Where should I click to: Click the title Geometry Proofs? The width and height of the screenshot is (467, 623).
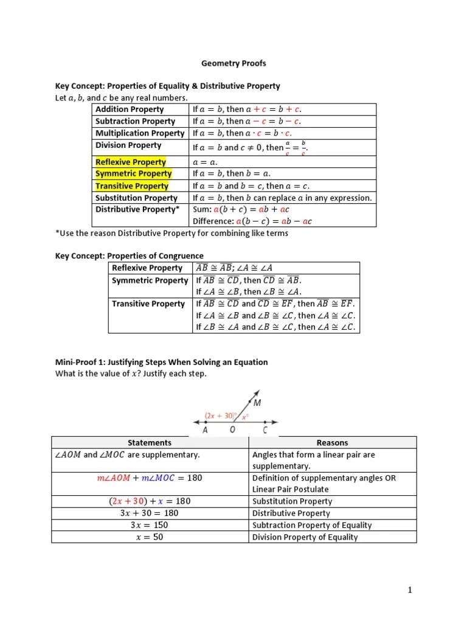tap(233, 63)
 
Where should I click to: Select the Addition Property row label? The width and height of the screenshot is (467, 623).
tap(130, 110)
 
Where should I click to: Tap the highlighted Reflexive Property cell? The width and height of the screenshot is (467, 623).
tap(131, 162)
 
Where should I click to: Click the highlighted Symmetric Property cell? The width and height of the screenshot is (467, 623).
tap(133, 174)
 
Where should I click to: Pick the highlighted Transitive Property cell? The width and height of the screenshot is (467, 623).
tap(132, 186)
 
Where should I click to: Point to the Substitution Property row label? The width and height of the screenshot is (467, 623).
tap(136, 198)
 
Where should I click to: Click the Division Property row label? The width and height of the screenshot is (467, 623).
tap(128, 145)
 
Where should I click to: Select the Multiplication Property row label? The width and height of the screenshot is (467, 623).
tap(140, 133)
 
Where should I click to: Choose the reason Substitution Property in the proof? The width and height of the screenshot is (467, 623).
tap(292, 501)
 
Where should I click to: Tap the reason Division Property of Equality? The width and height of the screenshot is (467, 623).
tap(305, 537)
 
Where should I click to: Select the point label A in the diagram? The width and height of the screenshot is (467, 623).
tap(205, 430)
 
